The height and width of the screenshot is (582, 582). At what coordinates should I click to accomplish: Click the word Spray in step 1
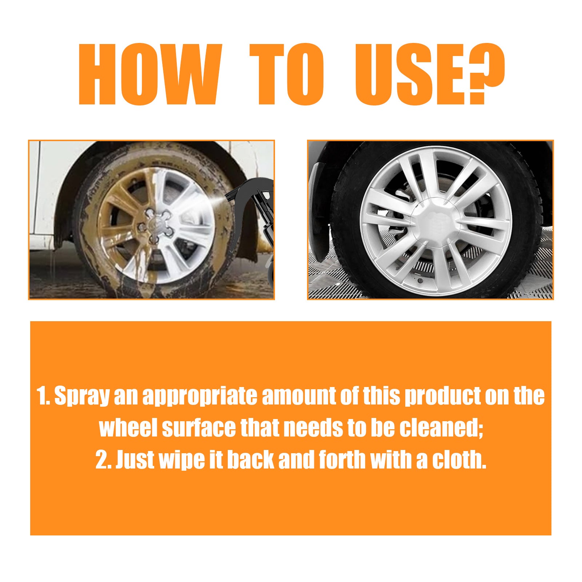pos(81,396)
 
